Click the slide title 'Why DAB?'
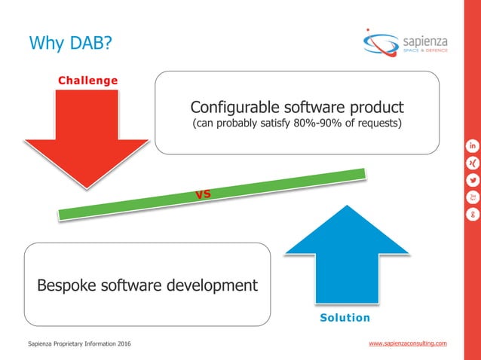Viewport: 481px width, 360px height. click(x=70, y=43)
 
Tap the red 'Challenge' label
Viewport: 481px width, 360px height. click(x=88, y=79)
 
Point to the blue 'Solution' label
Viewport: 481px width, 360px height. click(x=345, y=318)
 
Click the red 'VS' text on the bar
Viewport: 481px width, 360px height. click(x=203, y=195)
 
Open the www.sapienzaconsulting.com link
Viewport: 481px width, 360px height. click(x=407, y=343)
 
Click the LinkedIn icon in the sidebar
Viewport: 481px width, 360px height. click(x=473, y=145)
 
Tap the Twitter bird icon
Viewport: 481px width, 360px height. click(x=473, y=179)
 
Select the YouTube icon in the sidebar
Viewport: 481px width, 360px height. click(x=473, y=197)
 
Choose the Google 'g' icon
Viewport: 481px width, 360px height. click(x=473, y=214)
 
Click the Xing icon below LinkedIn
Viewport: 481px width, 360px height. click(x=473, y=162)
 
